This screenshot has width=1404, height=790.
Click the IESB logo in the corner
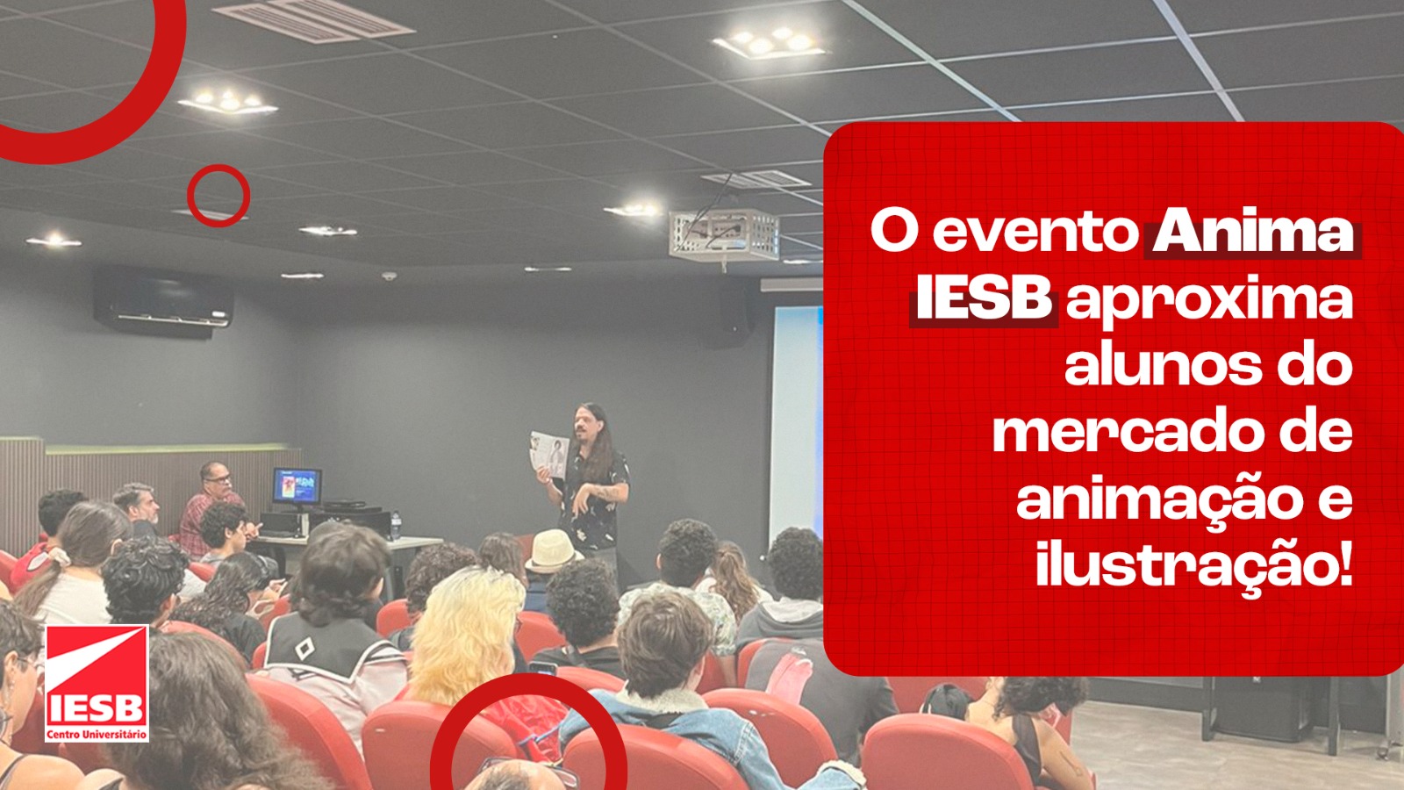click(97, 684)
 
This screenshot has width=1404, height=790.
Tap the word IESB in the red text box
click(984, 300)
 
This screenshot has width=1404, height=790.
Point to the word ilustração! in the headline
click(1194, 567)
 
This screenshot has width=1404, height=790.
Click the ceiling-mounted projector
click(723, 234)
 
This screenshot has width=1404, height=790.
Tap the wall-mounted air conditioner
click(162, 302)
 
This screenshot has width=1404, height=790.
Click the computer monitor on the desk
click(297, 486)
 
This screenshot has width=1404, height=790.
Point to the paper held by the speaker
click(549, 453)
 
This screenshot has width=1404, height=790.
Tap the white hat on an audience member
click(552, 551)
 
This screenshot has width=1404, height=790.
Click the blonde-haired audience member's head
click(467, 633)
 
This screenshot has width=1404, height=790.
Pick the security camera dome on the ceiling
click(389, 276)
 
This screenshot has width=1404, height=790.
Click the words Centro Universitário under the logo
click(97, 734)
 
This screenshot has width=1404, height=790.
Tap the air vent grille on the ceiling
click(312, 21)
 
